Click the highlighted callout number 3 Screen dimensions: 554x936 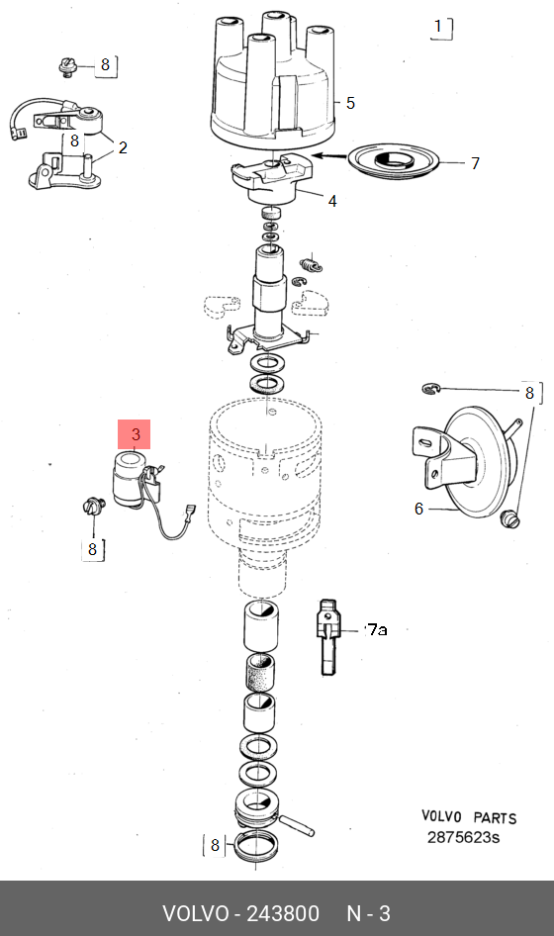135,434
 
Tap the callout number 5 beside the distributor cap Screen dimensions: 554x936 350,103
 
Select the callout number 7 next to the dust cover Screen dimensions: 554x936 475,163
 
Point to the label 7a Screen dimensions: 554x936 377,629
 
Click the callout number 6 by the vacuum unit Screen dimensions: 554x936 419,509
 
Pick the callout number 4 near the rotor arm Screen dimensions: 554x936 332,201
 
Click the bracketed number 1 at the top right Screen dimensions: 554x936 438,27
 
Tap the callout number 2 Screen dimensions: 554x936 123,147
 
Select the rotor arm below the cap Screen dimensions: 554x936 271,179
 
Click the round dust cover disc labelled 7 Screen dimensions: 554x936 394,160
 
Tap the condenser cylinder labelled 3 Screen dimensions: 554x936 129,481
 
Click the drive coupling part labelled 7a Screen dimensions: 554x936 328,637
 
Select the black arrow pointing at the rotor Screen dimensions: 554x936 330,156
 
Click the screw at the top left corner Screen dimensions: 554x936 68,67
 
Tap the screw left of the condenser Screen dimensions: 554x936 93,508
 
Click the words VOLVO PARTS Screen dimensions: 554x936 469,816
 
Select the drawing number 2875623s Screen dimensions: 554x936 463,837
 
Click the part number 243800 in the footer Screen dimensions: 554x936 284,913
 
